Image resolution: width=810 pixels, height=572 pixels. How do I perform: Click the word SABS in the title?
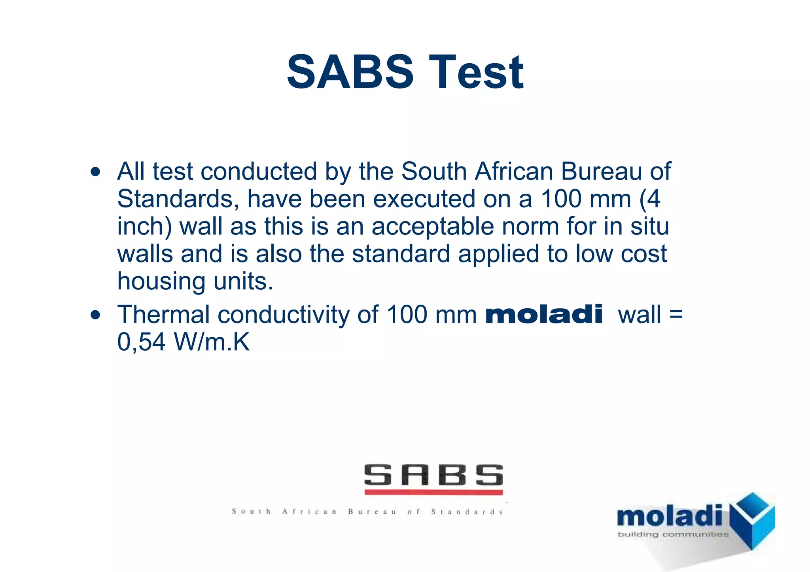point(350,72)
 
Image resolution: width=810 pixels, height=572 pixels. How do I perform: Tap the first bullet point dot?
point(95,172)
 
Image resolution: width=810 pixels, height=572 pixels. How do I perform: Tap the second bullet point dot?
point(95,315)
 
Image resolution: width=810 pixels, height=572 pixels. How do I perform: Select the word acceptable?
point(433,227)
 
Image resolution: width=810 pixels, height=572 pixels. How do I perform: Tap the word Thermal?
point(163,315)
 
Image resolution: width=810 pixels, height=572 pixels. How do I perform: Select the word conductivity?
point(284,315)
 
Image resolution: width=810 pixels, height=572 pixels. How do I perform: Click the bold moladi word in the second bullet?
point(544,315)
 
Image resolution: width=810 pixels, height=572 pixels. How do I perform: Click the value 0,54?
point(141,342)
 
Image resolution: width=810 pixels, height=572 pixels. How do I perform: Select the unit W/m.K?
point(212,342)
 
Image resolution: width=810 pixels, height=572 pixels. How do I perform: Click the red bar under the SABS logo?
point(433,493)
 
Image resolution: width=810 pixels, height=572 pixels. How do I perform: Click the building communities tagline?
point(673,535)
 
